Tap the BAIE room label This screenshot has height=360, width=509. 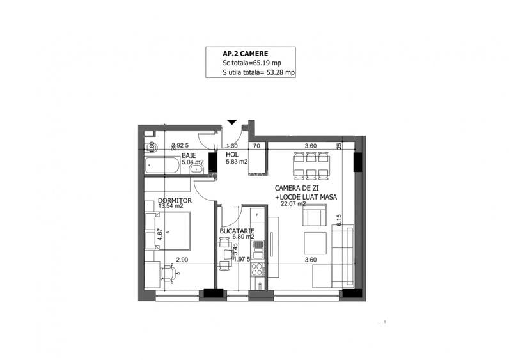tap(189, 155)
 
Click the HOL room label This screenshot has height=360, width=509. tap(231, 155)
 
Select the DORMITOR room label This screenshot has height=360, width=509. tap(175, 200)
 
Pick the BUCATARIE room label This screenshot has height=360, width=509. tap(237, 231)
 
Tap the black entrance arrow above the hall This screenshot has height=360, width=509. tap(231, 122)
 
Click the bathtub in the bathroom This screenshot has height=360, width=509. tap(162, 166)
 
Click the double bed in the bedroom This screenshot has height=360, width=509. tap(172, 231)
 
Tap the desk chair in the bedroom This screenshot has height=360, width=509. tap(169, 273)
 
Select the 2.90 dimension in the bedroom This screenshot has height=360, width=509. tap(182, 260)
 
